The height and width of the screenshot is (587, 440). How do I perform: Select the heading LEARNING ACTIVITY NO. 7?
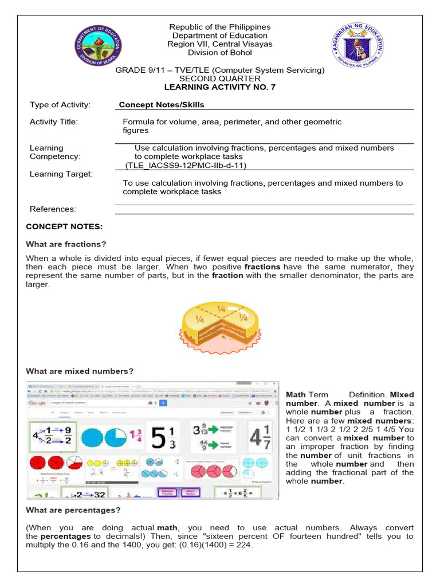(x=219, y=87)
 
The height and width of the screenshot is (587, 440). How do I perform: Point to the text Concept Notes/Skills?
(x=162, y=105)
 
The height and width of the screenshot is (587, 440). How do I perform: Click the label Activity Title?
(x=54, y=122)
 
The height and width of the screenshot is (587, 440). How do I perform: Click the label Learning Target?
(x=61, y=174)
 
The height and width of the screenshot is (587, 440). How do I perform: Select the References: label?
(x=53, y=209)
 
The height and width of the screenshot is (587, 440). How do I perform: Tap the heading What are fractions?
(x=66, y=244)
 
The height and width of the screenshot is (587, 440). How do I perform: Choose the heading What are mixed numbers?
(x=80, y=371)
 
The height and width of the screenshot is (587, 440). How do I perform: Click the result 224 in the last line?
(x=243, y=545)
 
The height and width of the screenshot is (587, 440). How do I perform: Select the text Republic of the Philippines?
(x=220, y=27)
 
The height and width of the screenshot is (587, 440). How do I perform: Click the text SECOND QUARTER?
(x=220, y=79)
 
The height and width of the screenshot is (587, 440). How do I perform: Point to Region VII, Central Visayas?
(x=220, y=44)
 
